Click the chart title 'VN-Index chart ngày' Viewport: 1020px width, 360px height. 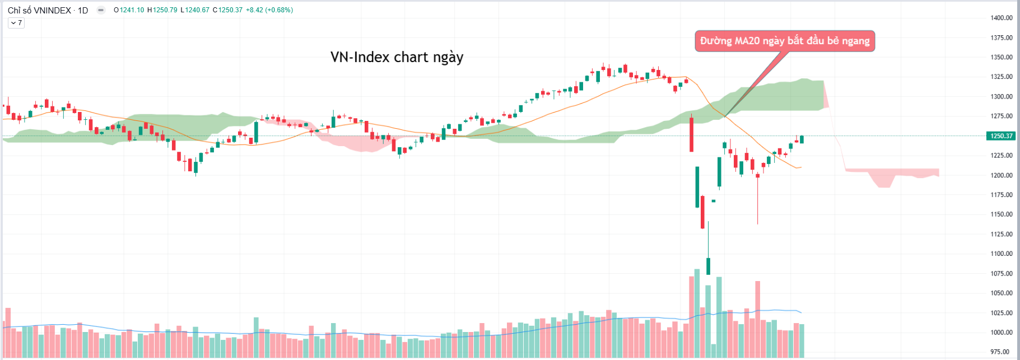[x=397, y=57]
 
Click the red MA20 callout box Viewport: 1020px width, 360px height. [x=784, y=41]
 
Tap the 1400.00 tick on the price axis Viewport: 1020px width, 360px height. [x=1001, y=18]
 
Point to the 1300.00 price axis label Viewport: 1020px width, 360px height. [x=1001, y=96]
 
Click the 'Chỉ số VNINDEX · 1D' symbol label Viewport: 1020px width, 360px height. [x=48, y=10]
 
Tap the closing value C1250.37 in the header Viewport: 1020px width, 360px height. [x=227, y=10]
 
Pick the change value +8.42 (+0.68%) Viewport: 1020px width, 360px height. [x=269, y=10]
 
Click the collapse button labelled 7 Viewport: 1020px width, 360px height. [x=16, y=23]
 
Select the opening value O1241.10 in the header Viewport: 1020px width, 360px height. [x=129, y=10]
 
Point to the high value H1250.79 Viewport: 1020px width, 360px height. [x=162, y=10]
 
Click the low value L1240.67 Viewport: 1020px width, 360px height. [x=195, y=10]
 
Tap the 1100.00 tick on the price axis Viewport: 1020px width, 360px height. [x=1001, y=254]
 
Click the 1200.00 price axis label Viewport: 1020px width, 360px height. [x=1001, y=175]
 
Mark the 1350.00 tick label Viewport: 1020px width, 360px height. [x=1001, y=57]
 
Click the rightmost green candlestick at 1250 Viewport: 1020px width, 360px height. [x=802, y=139]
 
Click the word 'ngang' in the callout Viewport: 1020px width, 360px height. [x=856, y=41]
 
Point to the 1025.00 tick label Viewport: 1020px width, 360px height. [x=1001, y=313]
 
